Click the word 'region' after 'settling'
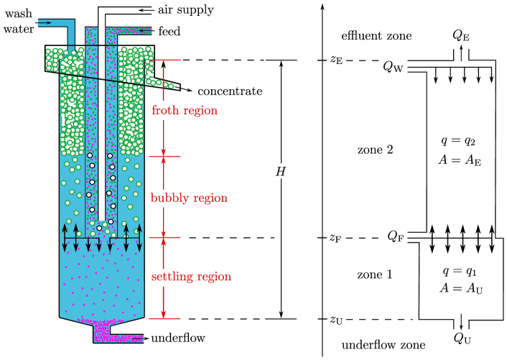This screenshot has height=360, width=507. [x=214, y=277]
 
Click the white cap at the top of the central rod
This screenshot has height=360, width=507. [x=102, y=27]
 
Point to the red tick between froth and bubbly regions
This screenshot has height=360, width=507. [x=164, y=157]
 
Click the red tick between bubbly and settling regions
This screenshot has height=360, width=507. [x=164, y=237]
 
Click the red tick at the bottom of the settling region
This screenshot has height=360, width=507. [x=164, y=318]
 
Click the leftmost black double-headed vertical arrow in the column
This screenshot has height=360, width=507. [x=65, y=237]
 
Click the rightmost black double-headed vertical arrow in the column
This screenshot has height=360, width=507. [x=139, y=237]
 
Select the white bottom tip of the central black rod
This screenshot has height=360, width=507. [x=101, y=218]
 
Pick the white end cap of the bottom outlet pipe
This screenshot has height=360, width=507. [x=144, y=338]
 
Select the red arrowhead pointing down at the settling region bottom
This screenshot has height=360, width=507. [x=164, y=313]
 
